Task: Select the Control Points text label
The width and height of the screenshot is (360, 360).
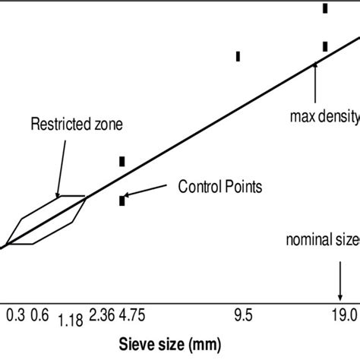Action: [x=221, y=185]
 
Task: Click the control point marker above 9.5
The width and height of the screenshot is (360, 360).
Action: [x=238, y=55]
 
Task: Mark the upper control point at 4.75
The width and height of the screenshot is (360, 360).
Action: [x=122, y=161]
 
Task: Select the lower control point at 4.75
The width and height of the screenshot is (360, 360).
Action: [x=122, y=201]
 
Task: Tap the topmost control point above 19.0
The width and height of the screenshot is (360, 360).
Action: [x=325, y=8]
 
